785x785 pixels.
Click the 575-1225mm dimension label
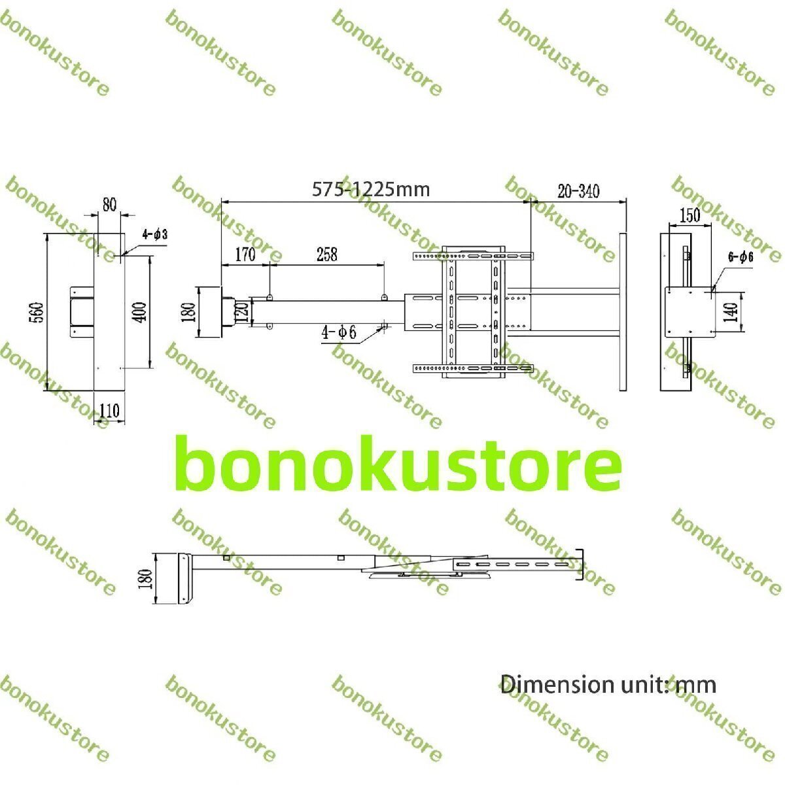[x=370, y=189]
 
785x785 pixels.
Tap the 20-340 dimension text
[x=578, y=191]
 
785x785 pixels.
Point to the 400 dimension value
[x=141, y=312]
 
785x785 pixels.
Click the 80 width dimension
[x=109, y=204]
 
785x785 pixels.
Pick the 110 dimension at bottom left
[x=109, y=411]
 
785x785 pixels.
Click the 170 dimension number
[x=245, y=254]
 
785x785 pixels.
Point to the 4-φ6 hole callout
[x=338, y=332]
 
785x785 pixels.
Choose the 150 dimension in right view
[x=689, y=215]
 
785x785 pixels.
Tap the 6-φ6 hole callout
[x=741, y=257]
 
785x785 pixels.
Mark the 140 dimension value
[x=731, y=309]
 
